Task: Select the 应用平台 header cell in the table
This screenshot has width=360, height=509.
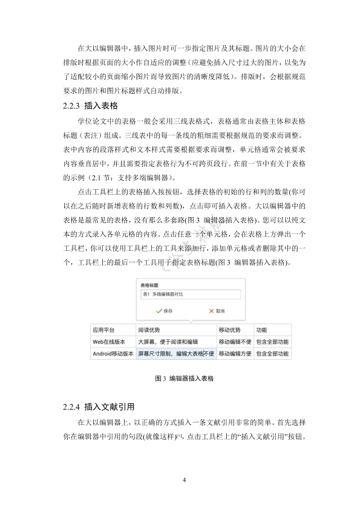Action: [x=103, y=331]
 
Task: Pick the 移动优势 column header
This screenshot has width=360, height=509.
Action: [x=229, y=331]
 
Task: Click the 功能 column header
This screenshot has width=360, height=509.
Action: [x=262, y=331]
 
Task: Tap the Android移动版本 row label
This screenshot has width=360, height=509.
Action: [x=113, y=353]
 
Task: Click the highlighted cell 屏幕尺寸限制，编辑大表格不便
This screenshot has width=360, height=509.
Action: [x=176, y=353]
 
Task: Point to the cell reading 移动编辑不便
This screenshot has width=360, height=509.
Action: [x=235, y=342]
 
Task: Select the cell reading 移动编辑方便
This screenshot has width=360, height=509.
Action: [x=235, y=353]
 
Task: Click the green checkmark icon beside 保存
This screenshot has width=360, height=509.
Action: [x=159, y=311]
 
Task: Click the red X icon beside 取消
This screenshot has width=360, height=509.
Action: [x=211, y=311]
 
